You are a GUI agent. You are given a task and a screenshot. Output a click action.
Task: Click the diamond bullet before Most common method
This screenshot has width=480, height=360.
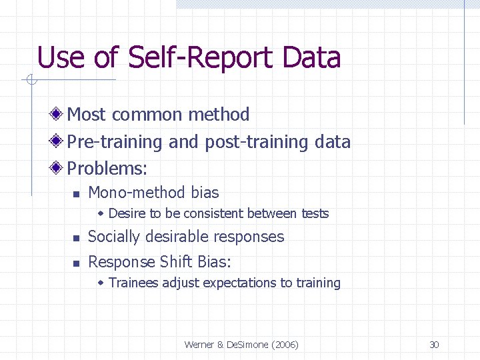click(59, 115)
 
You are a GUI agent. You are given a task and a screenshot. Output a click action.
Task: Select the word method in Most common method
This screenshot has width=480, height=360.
click(219, 115)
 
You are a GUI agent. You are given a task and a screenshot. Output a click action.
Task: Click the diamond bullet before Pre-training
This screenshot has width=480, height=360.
click(59, 142)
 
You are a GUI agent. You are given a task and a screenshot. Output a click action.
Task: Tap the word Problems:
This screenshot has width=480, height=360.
click(107, 169)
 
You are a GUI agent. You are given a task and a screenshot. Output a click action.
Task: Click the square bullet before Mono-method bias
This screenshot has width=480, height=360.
click(76, 194)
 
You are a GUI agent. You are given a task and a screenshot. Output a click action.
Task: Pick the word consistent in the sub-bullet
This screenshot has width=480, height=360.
click(214, 214)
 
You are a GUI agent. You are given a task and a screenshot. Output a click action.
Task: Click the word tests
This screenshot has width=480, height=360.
click(315, 214)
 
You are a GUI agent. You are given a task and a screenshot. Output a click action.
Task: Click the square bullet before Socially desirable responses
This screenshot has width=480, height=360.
click(76, 238)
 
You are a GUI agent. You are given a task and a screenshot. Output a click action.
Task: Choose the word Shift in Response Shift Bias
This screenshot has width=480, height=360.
click(176, 262)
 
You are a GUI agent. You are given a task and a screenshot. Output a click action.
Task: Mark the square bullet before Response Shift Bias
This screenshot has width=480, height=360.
click(76, 263)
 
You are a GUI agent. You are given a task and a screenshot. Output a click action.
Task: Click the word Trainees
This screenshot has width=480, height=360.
click(132, 283)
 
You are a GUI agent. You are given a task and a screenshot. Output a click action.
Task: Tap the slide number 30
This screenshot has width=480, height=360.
click(434, 345)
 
